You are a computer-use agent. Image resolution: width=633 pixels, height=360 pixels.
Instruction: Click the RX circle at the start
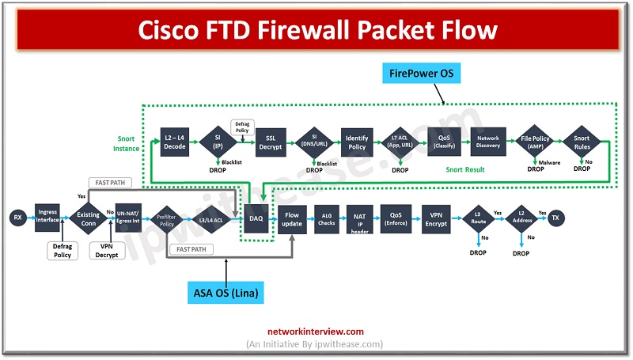[17, 218]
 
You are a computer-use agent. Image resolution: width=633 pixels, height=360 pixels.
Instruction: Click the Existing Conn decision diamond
[88, 218]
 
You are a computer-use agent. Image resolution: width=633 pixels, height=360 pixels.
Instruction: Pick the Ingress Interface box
[48, 218]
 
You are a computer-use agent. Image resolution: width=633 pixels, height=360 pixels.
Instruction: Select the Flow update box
[293, 218]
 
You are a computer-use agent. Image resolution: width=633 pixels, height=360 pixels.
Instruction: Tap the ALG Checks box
[327, 218]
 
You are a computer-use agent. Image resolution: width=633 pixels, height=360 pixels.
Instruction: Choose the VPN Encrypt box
[435, 218]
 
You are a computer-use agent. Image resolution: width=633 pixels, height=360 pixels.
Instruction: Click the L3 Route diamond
[478, 218]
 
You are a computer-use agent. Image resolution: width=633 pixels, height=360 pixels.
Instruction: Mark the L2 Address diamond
[520, 218]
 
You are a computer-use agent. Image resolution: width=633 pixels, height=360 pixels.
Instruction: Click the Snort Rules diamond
[582, 141]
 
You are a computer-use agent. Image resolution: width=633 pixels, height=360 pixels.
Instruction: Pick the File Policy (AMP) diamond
[535, 141]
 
